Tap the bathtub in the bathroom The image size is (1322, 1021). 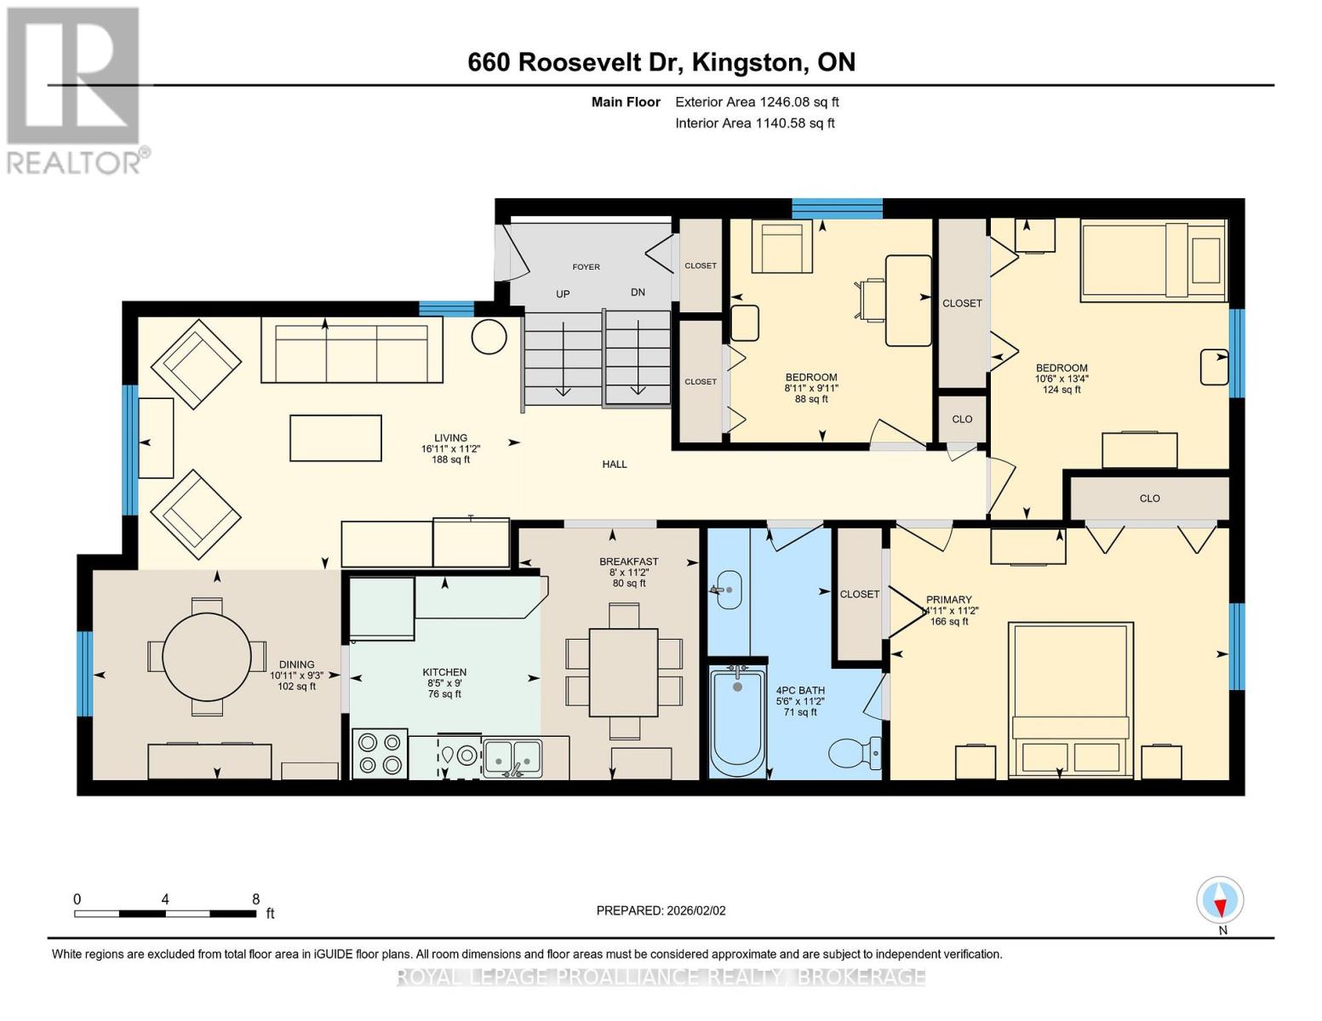[737, 720]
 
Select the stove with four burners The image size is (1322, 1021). [379, 754]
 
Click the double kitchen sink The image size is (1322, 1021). [512, 756]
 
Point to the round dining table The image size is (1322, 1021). [207, 656]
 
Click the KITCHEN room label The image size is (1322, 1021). [444, 672]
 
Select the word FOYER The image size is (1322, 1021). [586, 267]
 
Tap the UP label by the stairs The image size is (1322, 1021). [563, 294]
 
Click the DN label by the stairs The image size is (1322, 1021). [638, 292]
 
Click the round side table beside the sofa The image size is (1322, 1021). [489, 336]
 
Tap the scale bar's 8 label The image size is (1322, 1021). [255, 899]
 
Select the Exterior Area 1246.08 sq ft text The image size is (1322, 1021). [757, 102]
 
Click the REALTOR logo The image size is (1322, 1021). [75, 89]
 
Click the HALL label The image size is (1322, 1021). [615, 465]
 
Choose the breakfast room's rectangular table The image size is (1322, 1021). [623, 672]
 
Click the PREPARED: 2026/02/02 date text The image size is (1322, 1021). [661, 910]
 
